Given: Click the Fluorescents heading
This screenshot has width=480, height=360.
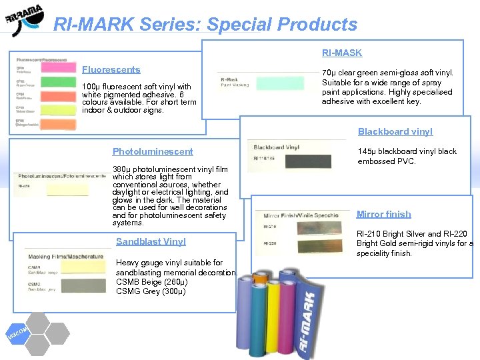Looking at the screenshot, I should tap(111, 69).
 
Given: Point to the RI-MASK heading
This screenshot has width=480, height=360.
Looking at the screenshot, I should tap(342, 53).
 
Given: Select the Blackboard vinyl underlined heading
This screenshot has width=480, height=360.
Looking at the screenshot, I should tap(395, 131).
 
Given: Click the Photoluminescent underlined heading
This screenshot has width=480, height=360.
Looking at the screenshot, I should tap(153, 151).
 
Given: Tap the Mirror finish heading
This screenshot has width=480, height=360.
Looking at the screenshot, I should tap(383, 214).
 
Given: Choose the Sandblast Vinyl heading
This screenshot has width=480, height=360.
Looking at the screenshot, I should tap(151, 241).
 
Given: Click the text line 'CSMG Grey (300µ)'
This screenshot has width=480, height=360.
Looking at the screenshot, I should tap(151, 291).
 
